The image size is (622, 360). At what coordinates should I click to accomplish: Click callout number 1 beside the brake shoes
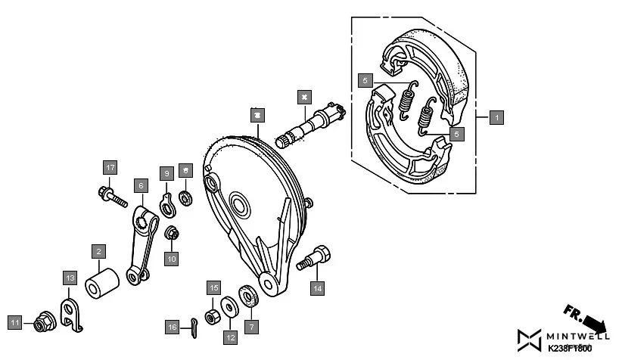pyautogui.click(x=496, y=117)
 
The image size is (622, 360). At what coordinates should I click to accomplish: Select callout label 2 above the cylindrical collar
pyautogui.click(x=98, y=251)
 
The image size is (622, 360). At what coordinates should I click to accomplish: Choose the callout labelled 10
pyautogui.click(x=172, y=259)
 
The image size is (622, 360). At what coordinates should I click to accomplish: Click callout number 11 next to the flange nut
pyautogui.click(x=14, y=323)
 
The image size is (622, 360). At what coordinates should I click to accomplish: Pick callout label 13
pyautogui.click(x=70, y=278)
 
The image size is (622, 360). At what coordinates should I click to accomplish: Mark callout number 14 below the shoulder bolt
pyautogui.click(x=318, y=287)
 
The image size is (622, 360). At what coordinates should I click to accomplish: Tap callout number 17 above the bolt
pyautogui.click(x=110, y=167)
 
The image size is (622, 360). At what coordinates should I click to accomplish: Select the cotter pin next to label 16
pyautogui.click(x=193, y=326)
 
